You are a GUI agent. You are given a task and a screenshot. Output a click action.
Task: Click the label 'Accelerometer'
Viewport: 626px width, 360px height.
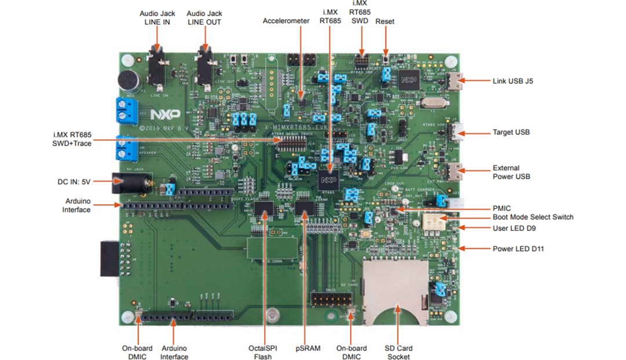[x=286, y=21]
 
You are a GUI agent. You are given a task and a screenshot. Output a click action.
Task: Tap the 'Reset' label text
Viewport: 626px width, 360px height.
[x=385, y=21]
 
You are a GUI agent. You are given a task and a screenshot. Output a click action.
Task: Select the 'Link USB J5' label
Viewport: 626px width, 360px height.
[x=512, y=81]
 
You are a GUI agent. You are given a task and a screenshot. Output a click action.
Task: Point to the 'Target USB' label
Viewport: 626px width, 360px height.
[x=511, y=132]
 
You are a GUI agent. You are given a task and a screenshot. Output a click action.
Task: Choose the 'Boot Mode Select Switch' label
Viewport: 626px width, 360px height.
[x=533, y=217]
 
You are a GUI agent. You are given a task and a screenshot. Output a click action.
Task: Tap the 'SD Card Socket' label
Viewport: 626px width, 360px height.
[x=398, y=352]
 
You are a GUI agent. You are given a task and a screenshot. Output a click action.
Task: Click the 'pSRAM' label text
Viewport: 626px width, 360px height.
[x=304, y=348]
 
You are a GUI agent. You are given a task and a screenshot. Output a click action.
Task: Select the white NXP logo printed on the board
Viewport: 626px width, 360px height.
[x=165, y=112]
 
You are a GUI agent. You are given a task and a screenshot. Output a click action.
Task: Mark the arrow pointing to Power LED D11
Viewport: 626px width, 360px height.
[x=475, y=249]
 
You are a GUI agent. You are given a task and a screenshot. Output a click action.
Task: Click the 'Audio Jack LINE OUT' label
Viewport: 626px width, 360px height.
[x=203, y=17]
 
